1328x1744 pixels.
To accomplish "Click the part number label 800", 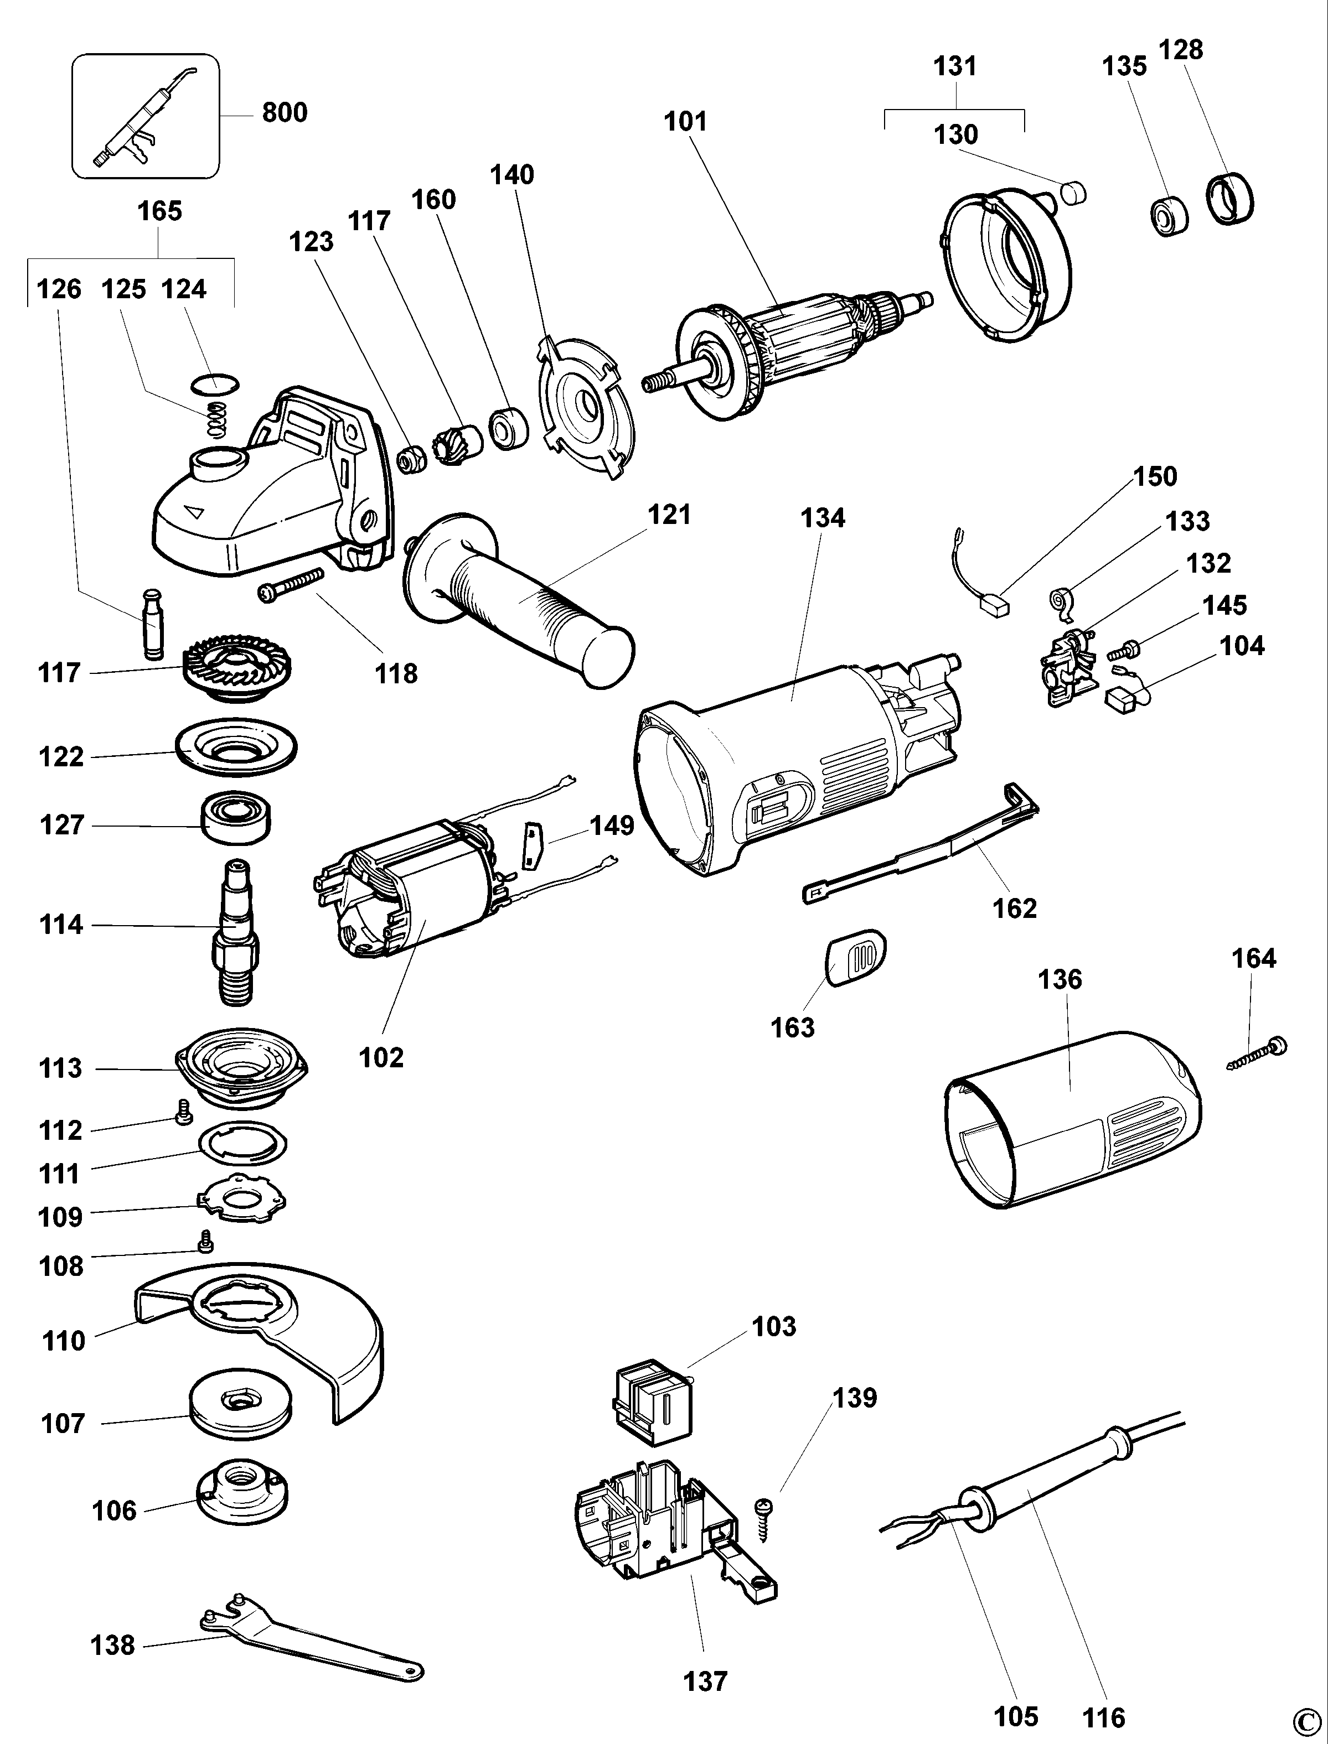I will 284,112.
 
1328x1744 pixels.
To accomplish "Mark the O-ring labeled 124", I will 215,384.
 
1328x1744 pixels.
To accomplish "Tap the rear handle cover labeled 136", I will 1075,1122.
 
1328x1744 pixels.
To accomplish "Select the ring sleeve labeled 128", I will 1230,199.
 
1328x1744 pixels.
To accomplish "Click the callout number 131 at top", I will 955,66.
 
